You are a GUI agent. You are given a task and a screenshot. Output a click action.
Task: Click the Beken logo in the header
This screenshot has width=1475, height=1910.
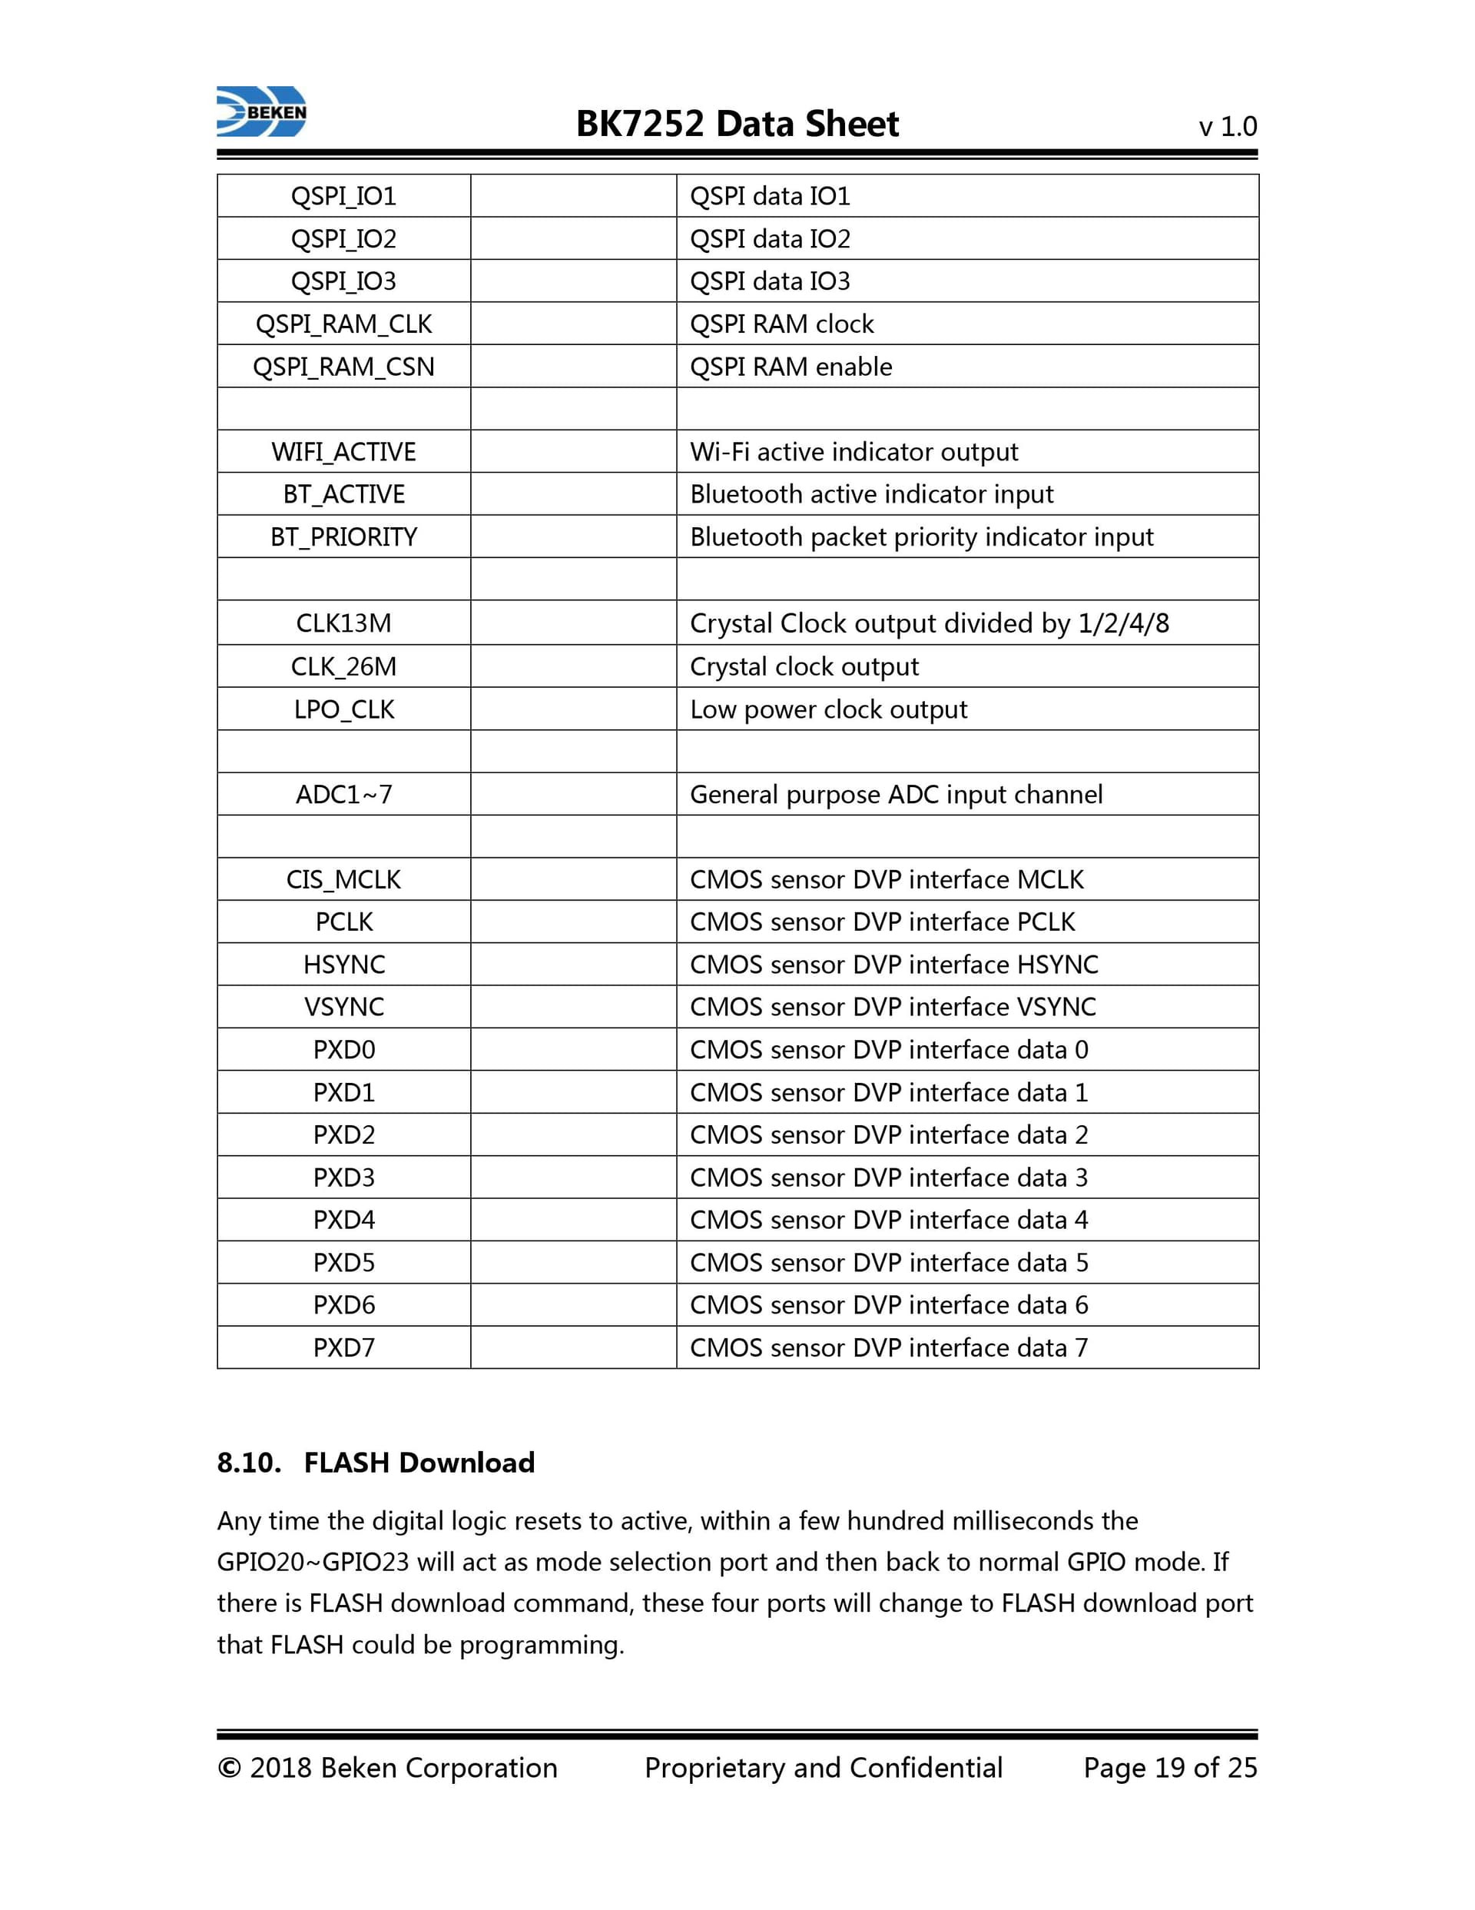coord(261,112)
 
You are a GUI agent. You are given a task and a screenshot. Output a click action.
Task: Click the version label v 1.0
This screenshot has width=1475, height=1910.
coord(1227,127)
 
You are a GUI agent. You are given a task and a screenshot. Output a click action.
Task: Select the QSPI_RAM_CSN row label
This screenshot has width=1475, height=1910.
coord(343,367)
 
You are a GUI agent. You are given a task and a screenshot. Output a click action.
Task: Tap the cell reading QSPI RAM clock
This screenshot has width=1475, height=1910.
coord(781,324)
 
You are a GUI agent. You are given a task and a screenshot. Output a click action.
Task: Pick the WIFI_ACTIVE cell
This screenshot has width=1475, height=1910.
coord(343,451)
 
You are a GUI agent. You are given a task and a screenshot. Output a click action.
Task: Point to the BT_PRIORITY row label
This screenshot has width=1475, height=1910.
coord(343,536)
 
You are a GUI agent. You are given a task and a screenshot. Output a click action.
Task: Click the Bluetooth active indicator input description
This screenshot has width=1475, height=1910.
coord(871,494)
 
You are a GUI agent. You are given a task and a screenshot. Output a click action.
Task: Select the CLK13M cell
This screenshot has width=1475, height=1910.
coord(343,623)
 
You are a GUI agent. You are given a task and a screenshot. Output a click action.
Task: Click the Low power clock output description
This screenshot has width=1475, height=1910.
coord(828,709)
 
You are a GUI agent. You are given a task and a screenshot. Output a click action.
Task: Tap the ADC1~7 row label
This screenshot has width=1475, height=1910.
coord(343,794)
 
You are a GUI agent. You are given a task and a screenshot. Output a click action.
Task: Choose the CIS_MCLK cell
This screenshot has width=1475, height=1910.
coord(343,879)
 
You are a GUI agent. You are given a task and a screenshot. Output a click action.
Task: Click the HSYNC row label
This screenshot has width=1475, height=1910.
coord(343,964)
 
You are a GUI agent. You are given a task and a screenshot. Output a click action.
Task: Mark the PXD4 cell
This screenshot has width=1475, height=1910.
coord(343,1219)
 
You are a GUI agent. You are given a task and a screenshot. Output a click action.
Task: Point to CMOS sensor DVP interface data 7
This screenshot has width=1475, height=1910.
coord(888,1347)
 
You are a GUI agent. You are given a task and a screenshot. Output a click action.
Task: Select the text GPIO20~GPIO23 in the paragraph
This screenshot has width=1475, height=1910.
coord(312,1562)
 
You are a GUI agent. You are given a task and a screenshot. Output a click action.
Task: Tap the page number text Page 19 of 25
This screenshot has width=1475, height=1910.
coord(1169,1768)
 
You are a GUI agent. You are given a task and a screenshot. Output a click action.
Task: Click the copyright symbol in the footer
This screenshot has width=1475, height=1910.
coord(228,1769)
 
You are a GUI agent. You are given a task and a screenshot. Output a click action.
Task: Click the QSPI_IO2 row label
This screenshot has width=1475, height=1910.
coord(343,239)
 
